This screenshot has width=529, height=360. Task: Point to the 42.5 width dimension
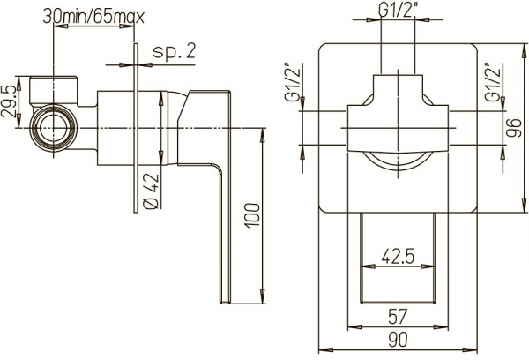click(399, 257)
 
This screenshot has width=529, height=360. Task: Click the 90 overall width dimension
click(399, 340)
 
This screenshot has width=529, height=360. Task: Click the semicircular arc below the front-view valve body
click(398, 159)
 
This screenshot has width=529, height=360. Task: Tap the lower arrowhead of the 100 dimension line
click(263, 296)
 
